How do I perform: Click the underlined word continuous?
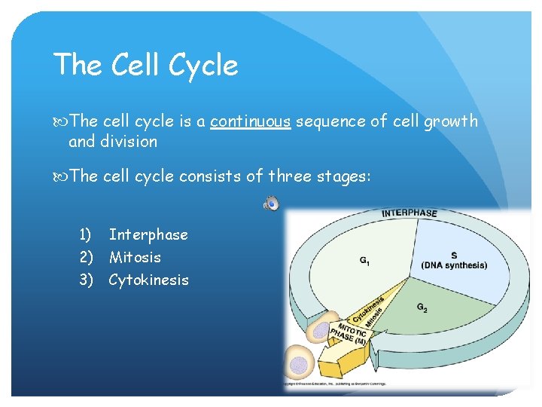(250, 121)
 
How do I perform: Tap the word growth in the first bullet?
(449, 121)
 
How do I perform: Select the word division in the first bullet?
(129, 142)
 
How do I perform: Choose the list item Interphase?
(148, 234)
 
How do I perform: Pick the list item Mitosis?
(135, 257)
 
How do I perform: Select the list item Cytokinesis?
(148, 280)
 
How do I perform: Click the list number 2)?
(87, 257)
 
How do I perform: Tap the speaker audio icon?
(272, 202)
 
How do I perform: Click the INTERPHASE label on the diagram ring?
(409, 213)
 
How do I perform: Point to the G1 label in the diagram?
(364, 262)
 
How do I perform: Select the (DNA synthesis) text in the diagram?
(454, 265)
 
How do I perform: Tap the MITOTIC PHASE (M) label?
(349, 333)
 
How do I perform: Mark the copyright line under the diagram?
(336, 383)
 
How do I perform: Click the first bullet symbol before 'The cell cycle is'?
(62, 121)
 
